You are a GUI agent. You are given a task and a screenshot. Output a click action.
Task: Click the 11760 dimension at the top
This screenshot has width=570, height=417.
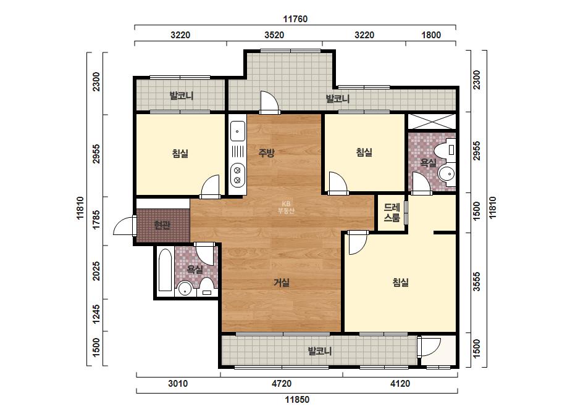295,19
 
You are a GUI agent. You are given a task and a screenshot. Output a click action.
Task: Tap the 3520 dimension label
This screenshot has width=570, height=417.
274,35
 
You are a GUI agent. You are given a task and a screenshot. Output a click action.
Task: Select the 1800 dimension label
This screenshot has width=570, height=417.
431,35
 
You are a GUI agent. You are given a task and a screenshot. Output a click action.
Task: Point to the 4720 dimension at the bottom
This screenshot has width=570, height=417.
282,384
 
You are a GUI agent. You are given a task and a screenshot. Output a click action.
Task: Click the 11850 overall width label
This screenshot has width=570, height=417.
297,400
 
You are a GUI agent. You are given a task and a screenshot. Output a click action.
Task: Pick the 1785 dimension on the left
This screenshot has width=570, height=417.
96,220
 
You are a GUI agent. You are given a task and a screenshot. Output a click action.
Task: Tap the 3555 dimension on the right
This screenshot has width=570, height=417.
477,281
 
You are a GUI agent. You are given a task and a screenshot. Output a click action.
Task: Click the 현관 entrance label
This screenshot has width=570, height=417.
162,226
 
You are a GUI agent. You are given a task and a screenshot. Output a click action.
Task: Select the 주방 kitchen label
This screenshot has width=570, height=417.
266,152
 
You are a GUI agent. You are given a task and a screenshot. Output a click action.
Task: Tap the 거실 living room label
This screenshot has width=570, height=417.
282,283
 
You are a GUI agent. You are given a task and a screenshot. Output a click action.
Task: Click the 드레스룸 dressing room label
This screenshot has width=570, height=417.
392,212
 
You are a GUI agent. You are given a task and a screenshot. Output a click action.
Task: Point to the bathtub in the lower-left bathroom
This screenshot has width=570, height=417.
166,270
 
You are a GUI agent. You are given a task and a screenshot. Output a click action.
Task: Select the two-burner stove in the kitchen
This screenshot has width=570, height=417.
238,175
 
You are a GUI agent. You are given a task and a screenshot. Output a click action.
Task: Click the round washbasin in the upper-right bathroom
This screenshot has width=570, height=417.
446,174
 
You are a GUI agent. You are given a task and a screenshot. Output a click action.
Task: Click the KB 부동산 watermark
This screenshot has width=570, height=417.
286,207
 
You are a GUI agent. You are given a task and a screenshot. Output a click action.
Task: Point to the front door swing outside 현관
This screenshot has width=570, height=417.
124,226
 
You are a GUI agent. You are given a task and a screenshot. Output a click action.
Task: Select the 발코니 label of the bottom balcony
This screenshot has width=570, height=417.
320,351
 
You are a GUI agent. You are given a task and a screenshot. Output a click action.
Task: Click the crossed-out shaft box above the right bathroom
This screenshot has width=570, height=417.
432,122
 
